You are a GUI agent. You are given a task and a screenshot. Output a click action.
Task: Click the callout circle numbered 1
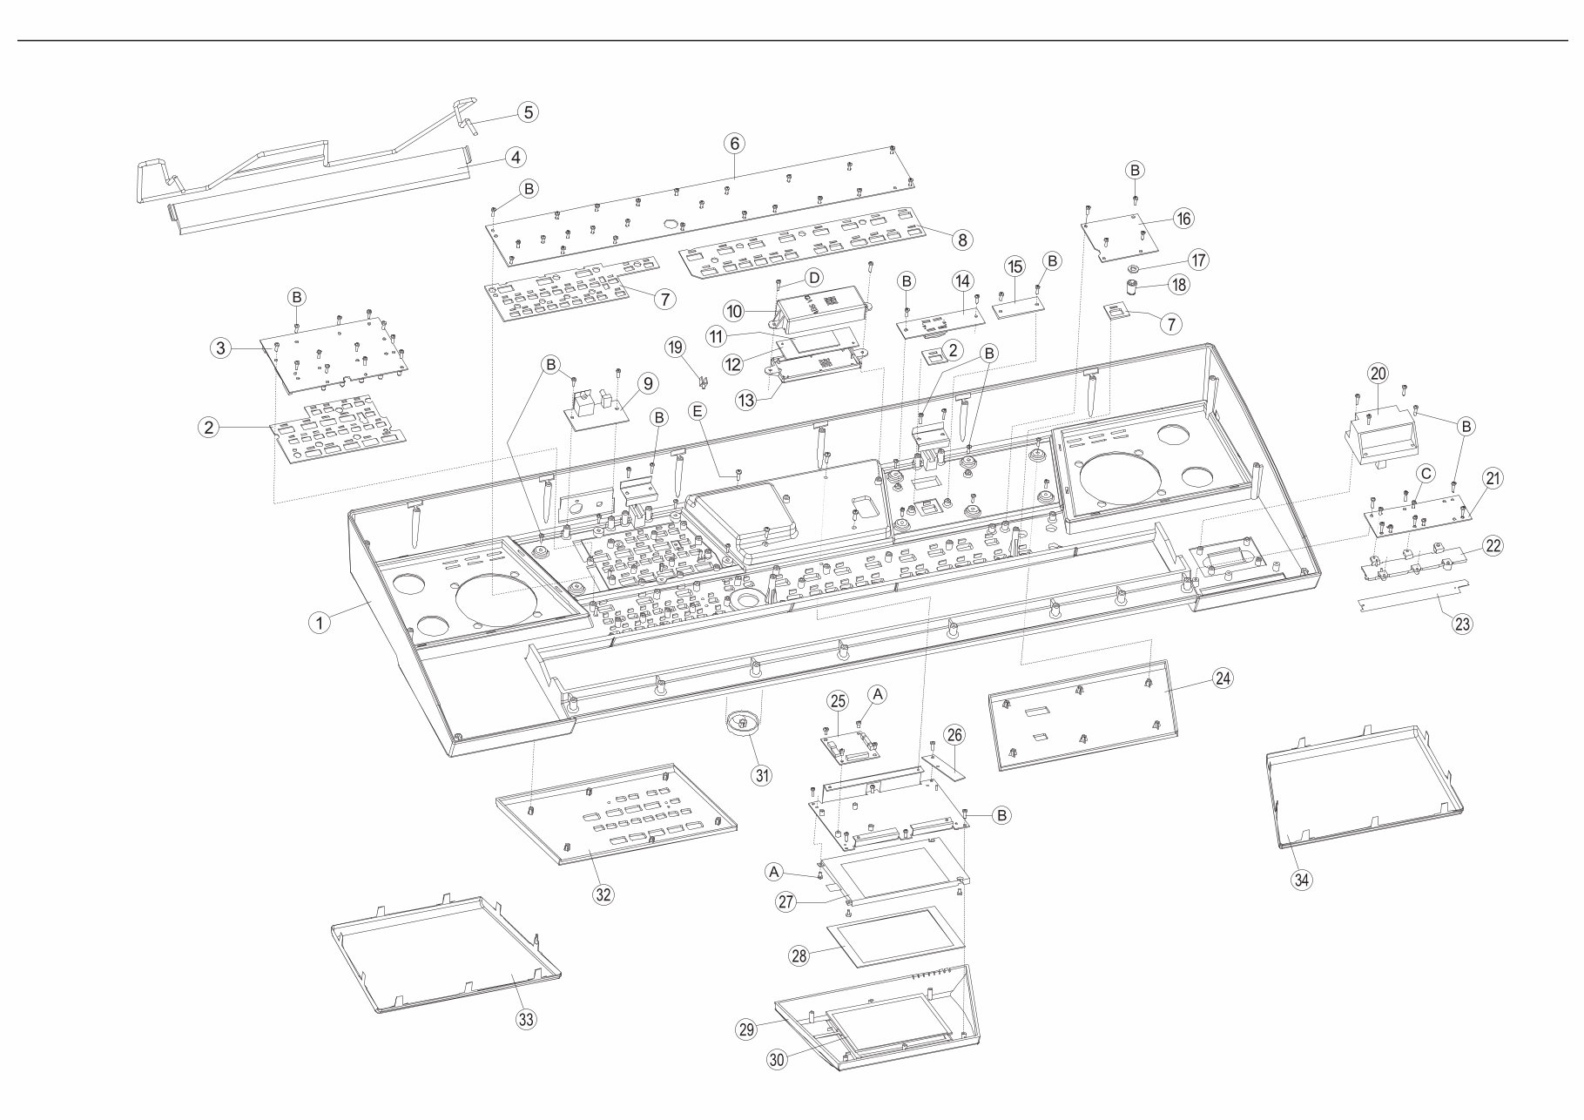tap(320, 622)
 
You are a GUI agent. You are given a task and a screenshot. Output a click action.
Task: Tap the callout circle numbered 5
tap(528, 111)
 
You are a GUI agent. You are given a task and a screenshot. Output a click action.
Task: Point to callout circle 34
tap(1301, 880)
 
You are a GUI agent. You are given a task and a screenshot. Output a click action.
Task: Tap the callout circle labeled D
tap(812, 278)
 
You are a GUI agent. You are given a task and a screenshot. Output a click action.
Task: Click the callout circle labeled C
tap(1426, 473)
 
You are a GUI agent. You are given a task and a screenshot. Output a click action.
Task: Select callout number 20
tap(1378, 374)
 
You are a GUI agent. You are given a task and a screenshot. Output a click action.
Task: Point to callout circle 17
tap(1199, 260)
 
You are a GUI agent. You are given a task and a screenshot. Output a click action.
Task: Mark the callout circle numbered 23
tap(1463, 624)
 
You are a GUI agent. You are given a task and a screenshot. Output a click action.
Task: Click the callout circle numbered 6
tap(734, 143)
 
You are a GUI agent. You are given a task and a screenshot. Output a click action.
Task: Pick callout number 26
tap(954, 735)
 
